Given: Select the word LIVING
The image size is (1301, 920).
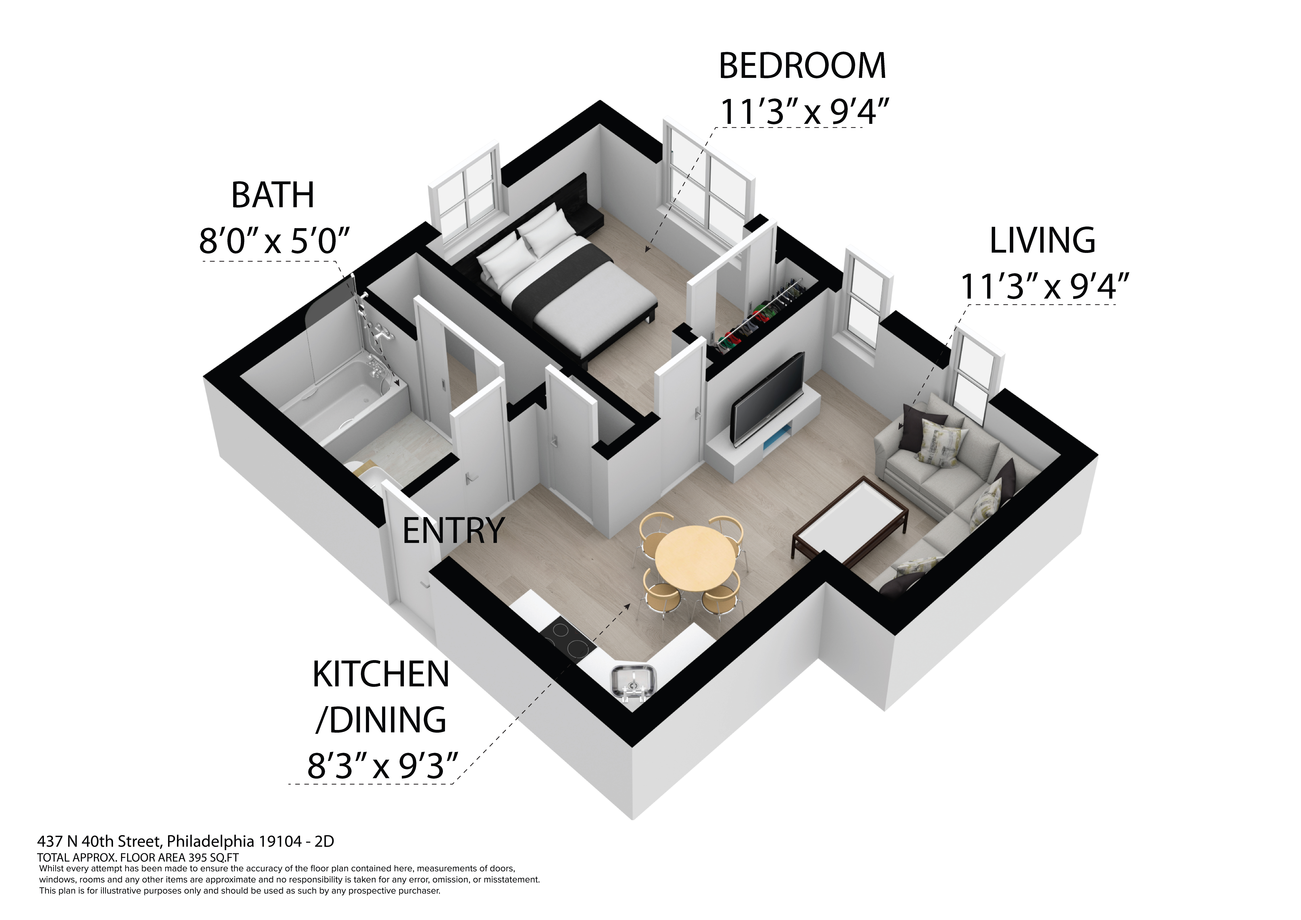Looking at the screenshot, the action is [1042, 241].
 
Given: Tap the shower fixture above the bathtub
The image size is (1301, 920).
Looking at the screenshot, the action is [374, 334].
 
